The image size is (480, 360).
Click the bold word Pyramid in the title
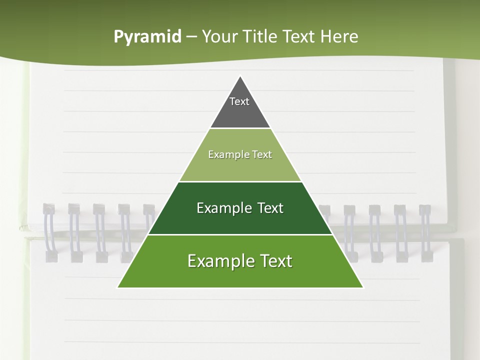(x=147, y=37)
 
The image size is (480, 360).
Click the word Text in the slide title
(x=299, y=37)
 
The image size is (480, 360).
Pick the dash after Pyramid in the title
(x=191, y=37)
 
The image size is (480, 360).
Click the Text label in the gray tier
(x=239, y=101)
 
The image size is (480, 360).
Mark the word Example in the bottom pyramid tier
(x=218, y=261)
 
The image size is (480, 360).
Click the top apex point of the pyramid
(x=240, y=76)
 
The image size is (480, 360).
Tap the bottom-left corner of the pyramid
(x=118, y=287)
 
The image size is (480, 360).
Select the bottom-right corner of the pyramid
(x=362, y=287)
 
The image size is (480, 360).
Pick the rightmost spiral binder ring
(x=425, y=232)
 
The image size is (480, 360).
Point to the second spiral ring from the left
(x=74, y=232)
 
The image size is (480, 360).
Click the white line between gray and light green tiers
(x=240, y=128)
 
